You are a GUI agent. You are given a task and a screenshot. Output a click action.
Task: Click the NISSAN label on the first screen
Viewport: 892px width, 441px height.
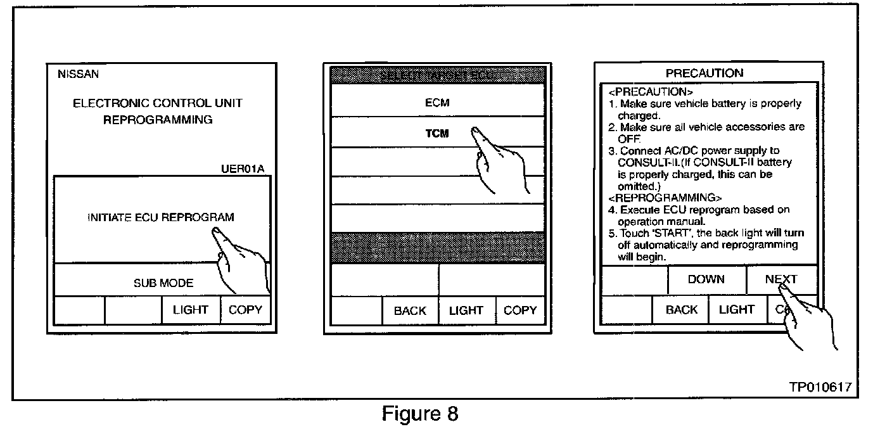tap(78, 74)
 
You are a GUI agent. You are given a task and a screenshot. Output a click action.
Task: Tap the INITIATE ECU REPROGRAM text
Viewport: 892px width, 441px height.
tap(160, 217)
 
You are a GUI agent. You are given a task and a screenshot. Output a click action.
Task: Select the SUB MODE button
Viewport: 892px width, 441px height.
tap(163, 283)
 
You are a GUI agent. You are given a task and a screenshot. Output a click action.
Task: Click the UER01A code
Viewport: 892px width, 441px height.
tap(243, 169)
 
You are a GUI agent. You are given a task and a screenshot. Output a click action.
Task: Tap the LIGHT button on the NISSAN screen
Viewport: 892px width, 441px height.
tap(190, 310)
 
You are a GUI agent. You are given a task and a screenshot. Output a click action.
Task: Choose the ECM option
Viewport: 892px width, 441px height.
tap(437, 102)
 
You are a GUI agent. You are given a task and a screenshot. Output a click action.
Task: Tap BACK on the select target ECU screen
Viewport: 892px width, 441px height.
tap(410, 310)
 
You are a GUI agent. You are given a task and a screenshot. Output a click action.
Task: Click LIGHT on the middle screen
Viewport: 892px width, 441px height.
tap(466, 310)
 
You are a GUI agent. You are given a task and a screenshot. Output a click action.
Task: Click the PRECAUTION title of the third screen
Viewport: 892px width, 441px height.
tap(704, 73)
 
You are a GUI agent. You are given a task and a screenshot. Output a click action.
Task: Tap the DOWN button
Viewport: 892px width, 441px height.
tap(706, 279)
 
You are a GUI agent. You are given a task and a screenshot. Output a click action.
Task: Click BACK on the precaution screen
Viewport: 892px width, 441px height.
tap(681, 310)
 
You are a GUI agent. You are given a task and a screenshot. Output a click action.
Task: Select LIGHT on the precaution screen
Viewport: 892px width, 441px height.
tap(736, 310)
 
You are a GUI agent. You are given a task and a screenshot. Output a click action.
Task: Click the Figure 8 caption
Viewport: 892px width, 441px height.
tap(419, 414)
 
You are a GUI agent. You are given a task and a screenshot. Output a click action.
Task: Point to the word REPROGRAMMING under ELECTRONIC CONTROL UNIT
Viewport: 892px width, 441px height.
tap(158, 120)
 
